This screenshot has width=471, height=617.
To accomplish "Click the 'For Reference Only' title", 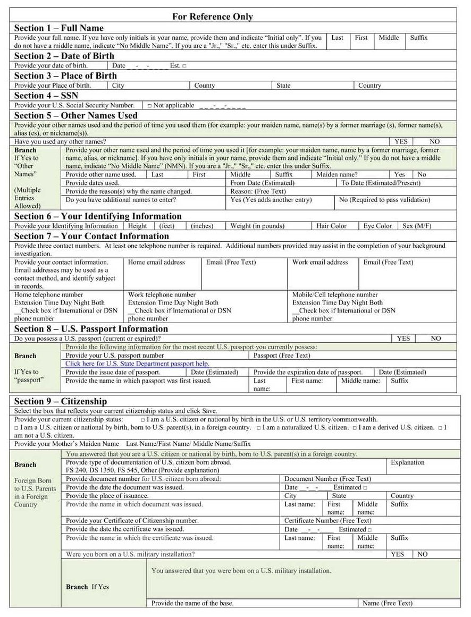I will coord(212,16).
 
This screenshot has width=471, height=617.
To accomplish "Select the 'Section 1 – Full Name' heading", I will coord(58,28).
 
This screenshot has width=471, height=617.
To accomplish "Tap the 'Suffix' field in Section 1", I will coord(418,38).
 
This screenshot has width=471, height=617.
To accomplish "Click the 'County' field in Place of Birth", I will coord(205,86).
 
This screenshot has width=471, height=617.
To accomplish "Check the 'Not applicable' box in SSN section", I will coord(150,106).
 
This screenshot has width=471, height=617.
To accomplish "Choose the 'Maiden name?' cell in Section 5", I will coord(337,174).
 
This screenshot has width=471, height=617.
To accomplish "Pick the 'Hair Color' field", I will coord(331,226).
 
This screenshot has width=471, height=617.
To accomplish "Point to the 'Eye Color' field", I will coord(377,226).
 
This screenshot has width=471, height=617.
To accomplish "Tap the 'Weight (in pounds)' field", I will coord(257,226).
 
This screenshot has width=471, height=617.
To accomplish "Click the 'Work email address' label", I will coord(320,262).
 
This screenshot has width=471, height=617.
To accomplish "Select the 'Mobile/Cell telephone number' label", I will coord(335,294).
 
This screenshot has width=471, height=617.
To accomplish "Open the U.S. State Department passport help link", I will coord(137,364).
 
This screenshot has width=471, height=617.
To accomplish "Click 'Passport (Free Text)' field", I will coord(282,356).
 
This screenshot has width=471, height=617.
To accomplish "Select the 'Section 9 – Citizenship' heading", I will coord(60,401).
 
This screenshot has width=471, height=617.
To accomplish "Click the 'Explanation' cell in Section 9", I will coord(407,463).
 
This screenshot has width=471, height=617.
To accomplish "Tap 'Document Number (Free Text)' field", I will coord(327,479).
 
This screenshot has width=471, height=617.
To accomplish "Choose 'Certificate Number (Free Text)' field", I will coord(327,521).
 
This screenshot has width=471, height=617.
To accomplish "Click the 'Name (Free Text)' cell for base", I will coord(387,603).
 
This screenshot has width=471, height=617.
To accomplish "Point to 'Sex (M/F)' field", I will coord(417,226).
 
